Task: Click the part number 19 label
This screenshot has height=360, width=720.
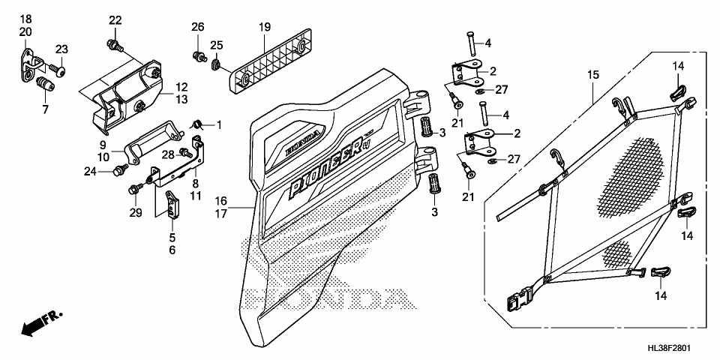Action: tap(265, 28)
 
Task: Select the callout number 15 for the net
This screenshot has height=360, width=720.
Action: tap(593, 74)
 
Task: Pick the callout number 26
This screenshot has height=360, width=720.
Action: tap(197, 28)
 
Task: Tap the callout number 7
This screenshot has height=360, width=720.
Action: tap(44, 109)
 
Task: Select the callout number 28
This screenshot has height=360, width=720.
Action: tap(168, 154)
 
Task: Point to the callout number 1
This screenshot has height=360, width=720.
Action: tap(219, 124)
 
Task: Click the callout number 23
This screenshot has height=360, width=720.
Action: tap(61, 49)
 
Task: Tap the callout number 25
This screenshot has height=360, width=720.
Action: tap(217, 46)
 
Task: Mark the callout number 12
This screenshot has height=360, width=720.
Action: tap(182, 87)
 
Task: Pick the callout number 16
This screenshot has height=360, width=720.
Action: tap(220, 201)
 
